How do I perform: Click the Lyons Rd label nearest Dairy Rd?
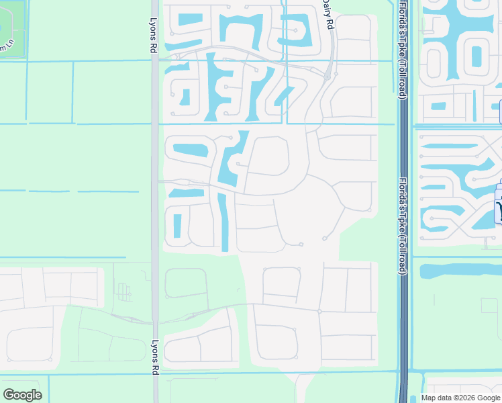[x=154, y=35]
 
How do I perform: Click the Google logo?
[x=22, y=395]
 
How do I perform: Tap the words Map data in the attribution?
[x=437, y=398]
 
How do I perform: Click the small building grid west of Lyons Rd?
[x=123, y=292]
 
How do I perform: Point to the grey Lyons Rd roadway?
[x=155, y=201]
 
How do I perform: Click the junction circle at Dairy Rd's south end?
[x=327, y=77]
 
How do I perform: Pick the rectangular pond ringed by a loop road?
[x=476, y=57]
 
